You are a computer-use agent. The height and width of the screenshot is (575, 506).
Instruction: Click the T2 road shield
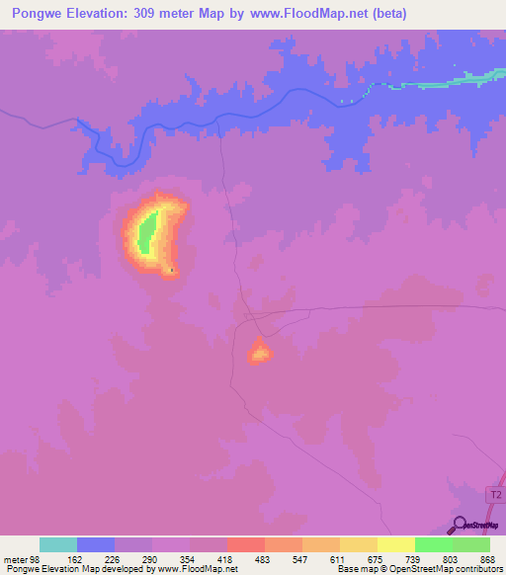pyautogui.click(x=495, y=492)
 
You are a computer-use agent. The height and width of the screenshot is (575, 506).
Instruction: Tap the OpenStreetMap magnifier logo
pyautogui.click(x=461, y=524)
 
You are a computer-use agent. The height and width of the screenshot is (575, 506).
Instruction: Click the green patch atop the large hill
pyautogui.click(x=146, y=235)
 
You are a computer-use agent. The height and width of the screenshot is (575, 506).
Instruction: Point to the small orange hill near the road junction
pyautogui.click(x=259, y=350)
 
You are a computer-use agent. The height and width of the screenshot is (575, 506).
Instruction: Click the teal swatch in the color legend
pyautogui.click(x=58, y=544)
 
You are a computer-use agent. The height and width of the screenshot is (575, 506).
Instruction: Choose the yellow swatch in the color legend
pyautogui.click(x=396, y=544)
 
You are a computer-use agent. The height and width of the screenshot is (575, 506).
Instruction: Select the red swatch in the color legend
pyautogui.click(x=246, y=544)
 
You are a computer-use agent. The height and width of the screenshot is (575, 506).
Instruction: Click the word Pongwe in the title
pyautogui.click(x=30, y=14)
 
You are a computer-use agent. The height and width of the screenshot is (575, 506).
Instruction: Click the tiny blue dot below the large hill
pyautogui.click(x=172, y=269)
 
